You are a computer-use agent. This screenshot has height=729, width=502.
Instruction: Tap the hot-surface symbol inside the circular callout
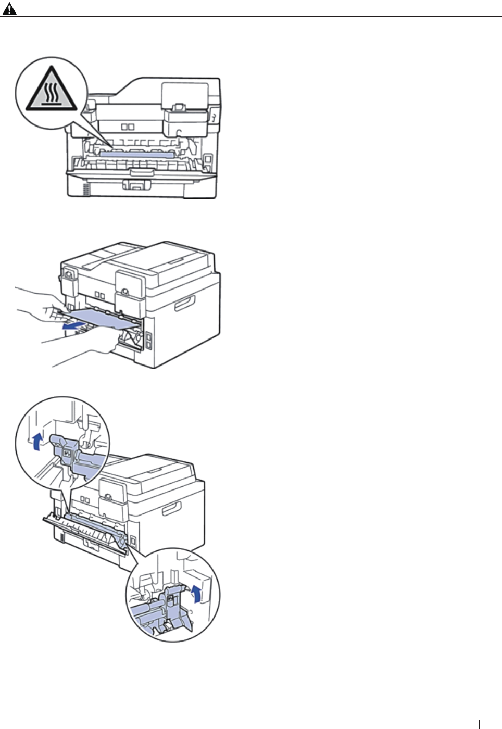point(51,89)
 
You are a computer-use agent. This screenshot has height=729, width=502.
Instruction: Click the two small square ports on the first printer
point(128,127)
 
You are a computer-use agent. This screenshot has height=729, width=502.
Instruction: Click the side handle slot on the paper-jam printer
point(184,303)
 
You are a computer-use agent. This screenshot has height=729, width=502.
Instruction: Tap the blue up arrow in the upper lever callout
point(36,442)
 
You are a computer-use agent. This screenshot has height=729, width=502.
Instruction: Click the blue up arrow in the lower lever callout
point(196,593)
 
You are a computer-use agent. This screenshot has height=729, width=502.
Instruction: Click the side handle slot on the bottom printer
point(171,508)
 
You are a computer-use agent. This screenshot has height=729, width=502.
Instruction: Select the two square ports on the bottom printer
point(85,500)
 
